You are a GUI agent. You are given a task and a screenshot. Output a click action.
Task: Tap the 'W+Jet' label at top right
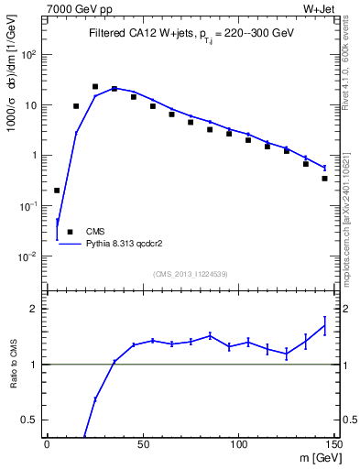[317, 10]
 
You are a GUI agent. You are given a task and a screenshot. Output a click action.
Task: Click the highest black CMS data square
[95, 86]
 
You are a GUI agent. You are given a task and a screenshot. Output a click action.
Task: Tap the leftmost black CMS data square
[57, 191]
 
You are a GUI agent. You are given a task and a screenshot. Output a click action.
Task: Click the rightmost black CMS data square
[325, 179]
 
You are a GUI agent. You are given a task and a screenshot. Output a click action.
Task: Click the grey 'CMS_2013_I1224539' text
[190, 274]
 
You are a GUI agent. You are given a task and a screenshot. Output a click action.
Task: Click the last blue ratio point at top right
[324, 325]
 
